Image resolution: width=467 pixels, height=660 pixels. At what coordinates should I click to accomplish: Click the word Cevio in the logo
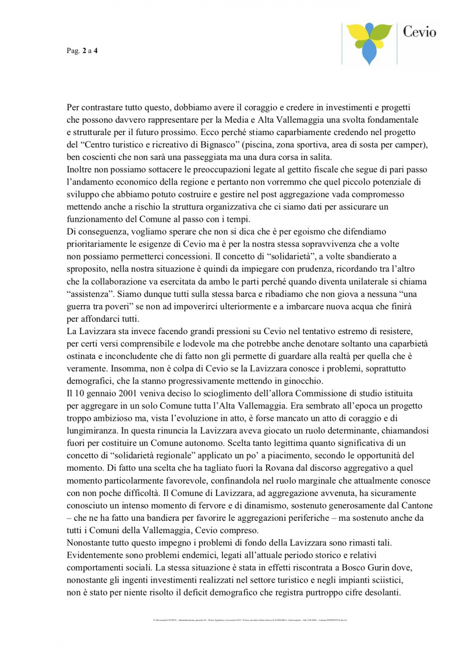(419, 32)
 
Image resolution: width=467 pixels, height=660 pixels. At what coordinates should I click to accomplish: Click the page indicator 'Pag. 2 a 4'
(82, 51)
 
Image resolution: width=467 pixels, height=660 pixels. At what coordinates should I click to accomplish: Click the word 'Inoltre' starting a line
(79, 169)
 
